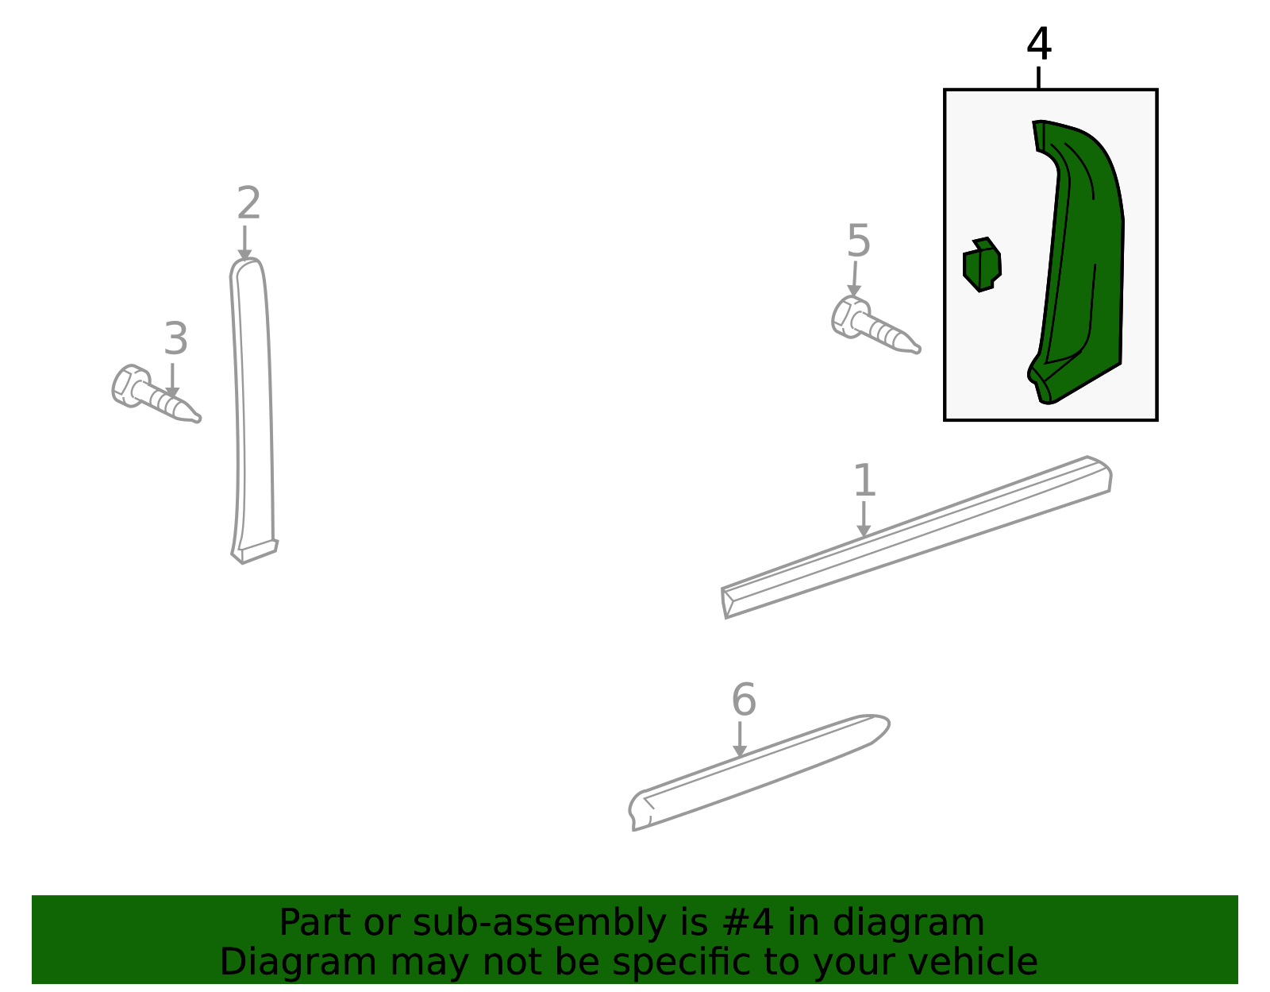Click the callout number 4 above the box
1038,44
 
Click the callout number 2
248,203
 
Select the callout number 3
176,338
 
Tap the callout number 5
859,240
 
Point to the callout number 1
865,481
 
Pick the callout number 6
744,699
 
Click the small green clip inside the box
982,264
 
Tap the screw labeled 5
875,326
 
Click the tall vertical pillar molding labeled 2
252,409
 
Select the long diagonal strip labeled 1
917,537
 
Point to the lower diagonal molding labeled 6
759,772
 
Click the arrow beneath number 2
244,242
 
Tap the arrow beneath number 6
740,739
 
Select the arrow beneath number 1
864,519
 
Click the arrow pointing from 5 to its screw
854,279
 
